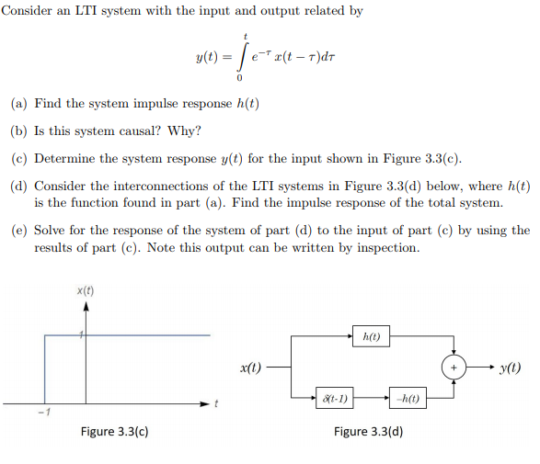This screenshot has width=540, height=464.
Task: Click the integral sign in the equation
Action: (x=242, y=57)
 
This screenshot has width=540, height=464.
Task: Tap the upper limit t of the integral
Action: (x=246, y=36)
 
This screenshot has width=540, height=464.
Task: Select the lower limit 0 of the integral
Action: (x=239, y=78)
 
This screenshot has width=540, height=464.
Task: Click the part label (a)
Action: (x=19, y=104)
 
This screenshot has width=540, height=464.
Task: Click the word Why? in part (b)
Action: (x=184, y=130)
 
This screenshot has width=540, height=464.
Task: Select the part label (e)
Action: (x=19, y=230)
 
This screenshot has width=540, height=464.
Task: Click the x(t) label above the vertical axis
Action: (x=85, y=291)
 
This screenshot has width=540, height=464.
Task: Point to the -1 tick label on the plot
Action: (x=44, y=412)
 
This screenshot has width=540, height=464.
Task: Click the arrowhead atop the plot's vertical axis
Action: (x=86, y=306)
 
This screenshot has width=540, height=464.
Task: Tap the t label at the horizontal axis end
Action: (x=215, y=403)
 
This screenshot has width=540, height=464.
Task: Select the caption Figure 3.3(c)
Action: (x=115, y=431)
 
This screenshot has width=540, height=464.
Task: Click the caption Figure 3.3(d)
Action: (x=369, y=431)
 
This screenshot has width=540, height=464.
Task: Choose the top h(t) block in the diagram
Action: (x=372, y=336)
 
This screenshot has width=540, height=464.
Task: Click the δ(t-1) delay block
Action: (x=335, y=398)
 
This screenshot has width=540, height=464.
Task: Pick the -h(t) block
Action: (x=408, y=398)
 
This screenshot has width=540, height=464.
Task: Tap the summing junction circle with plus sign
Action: (x=454, y=368)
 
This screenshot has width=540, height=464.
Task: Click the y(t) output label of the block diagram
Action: (x=510, y=368)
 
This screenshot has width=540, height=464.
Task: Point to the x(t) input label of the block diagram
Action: (x=250, y=368)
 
